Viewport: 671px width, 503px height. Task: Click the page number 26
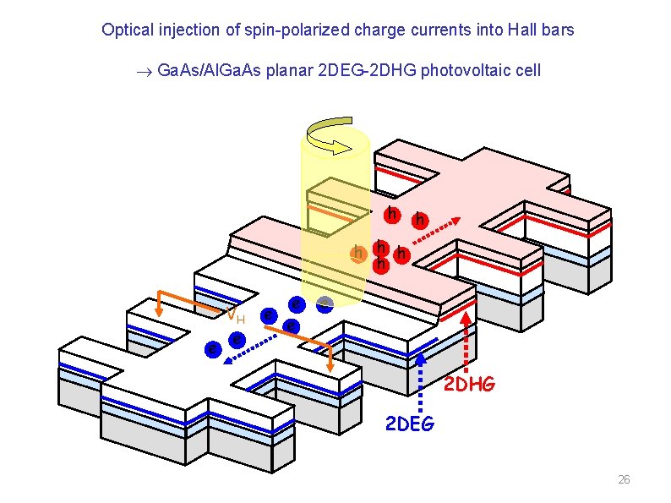[x=624, y=480]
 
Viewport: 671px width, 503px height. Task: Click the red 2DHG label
[x=470, y=385]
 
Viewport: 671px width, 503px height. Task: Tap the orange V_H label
[x=235, y=316]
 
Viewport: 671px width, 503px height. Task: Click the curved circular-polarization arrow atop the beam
[x=334, y=136]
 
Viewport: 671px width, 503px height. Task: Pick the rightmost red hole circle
[x=418, y=221]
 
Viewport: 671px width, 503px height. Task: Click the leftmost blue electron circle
[x=215, y=348]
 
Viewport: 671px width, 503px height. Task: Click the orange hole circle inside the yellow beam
[x=359, y=252]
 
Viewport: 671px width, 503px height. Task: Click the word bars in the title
[x=559, y=30]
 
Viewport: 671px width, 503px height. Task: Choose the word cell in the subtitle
[x=526, y=69]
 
